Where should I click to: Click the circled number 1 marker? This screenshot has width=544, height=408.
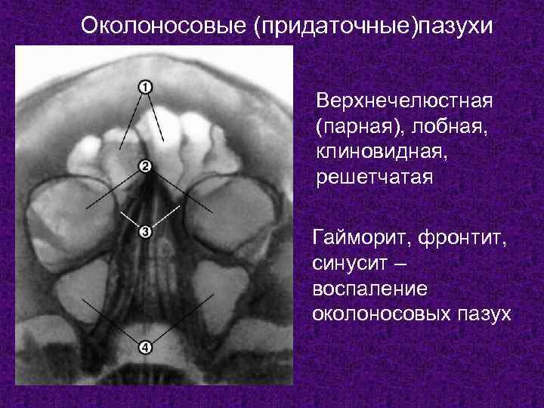145,87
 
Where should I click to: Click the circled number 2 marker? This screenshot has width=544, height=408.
145,165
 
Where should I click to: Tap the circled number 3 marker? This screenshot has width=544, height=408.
145,232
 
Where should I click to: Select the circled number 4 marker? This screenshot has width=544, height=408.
145,348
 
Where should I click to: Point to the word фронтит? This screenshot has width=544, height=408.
462,240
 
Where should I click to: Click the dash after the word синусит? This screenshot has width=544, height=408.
400,265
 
